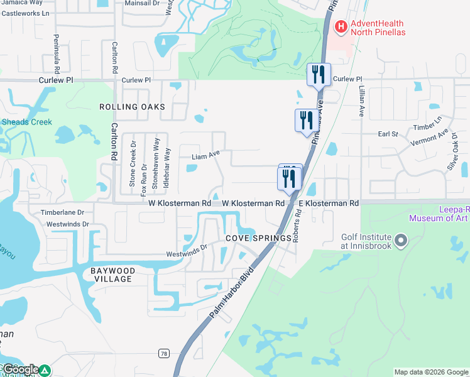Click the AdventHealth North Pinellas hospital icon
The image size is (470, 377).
click(341, 26)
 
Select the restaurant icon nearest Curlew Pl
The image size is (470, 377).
click(319, 75)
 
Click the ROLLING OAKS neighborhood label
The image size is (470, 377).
click(132, 107)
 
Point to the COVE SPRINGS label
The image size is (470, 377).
click(259, 239)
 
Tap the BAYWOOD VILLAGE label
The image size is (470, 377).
click(111, 275)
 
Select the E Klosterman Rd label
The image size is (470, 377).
click(328, 204)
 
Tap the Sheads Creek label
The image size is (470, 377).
click(26, 122)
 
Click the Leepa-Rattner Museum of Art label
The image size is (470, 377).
click(439, 214)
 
